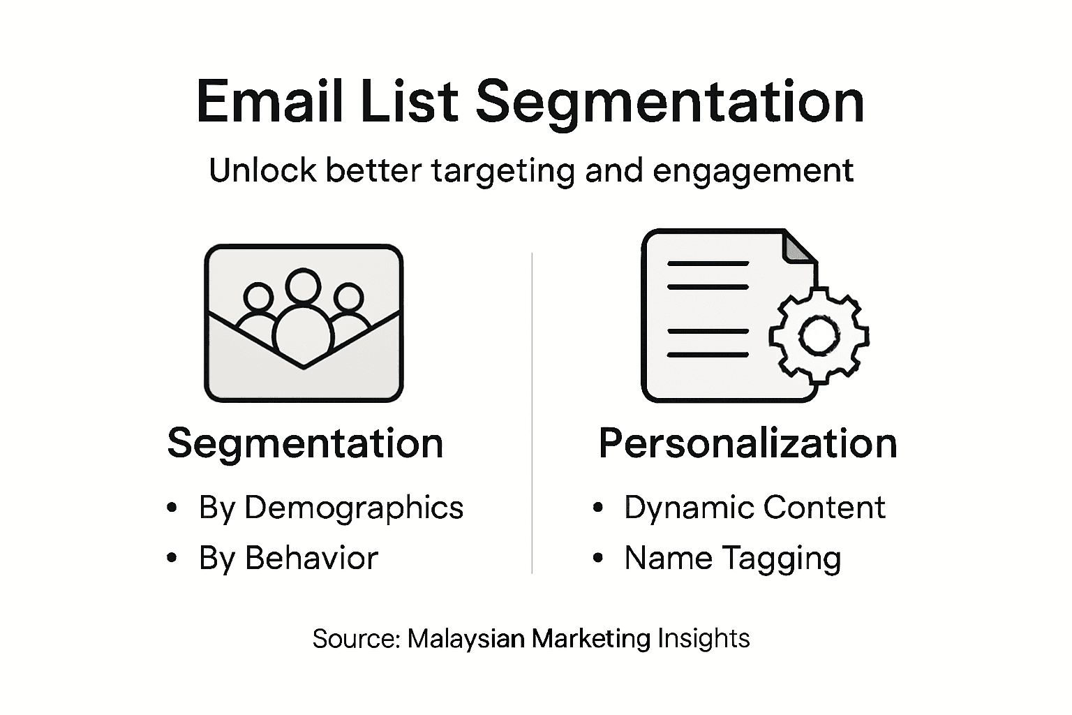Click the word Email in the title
click(269, 102)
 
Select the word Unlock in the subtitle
click(262, 170)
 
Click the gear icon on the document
click(819, 336)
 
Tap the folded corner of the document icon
click(800, 247)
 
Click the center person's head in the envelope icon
click(303, 286)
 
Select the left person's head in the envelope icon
click(258, 297)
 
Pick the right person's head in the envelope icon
click(348, 297)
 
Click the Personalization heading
click(747, 443)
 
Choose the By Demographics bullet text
click(331, 508)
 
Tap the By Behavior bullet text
click(288, 559)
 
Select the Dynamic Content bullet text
click(754, 508)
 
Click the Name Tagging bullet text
click(732, 559)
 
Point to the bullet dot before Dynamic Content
click(597, 508)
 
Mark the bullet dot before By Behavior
click(172, 558)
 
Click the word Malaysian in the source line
click(466, 638)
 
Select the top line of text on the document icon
click(708, 264)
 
